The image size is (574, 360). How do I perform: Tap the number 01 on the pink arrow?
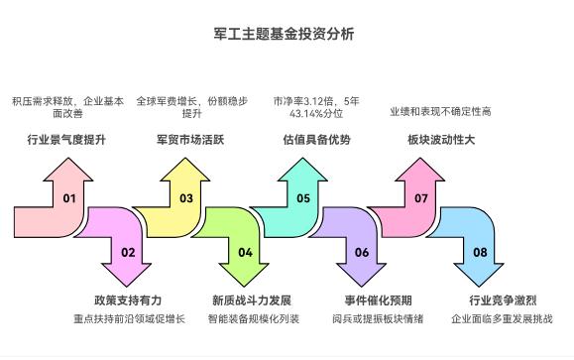click(x=69, y=198)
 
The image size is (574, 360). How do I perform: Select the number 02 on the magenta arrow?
click(x=128, y=252)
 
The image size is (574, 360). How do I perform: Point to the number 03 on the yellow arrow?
click(x=186, y=198)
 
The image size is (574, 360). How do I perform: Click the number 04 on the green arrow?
click(x=245, y=252)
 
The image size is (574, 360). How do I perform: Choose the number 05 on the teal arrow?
click(x=303, y=198)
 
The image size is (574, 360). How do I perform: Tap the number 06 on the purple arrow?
click(x=362, y=252)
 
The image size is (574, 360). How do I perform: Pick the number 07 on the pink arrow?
click(x=421, y=198)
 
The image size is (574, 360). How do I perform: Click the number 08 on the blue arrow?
click(x=480, y=252)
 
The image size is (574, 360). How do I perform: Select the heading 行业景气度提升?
click(x=66, y=140)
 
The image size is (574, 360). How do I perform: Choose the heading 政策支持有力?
click(x=128, y=300)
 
